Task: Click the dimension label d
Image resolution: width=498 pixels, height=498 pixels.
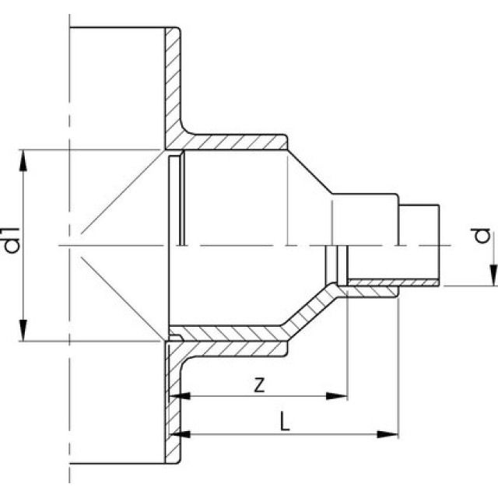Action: pyautogui.click(x=483, y=235)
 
